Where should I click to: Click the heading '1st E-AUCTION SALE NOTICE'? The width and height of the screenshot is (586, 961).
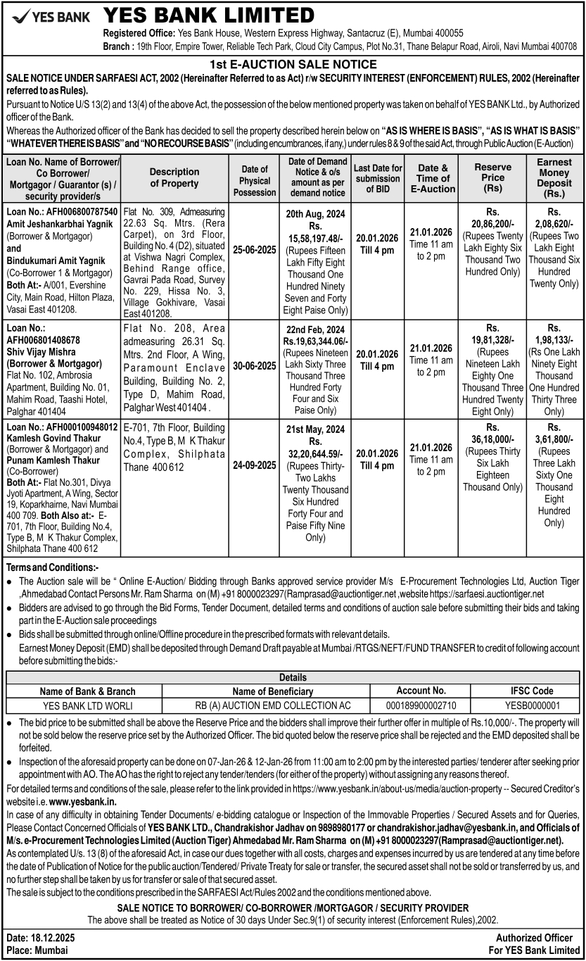[293, 63]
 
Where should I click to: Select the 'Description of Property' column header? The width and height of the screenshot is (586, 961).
[174, 177]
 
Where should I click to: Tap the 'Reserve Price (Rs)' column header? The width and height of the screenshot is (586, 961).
[493, 178]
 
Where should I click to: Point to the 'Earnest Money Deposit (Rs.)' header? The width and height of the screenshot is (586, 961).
[554, 177]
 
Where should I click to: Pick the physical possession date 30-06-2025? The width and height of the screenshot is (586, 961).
[255, 366]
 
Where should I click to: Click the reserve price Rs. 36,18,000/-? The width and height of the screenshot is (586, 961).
[493, 438]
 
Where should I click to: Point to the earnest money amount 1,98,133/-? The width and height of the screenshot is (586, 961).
[554, 339]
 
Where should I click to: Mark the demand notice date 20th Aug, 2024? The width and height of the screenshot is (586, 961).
[316, 212]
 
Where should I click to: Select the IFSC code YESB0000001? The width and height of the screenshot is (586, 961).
[532, 705]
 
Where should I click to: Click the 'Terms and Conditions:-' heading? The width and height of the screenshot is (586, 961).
[52, 567]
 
